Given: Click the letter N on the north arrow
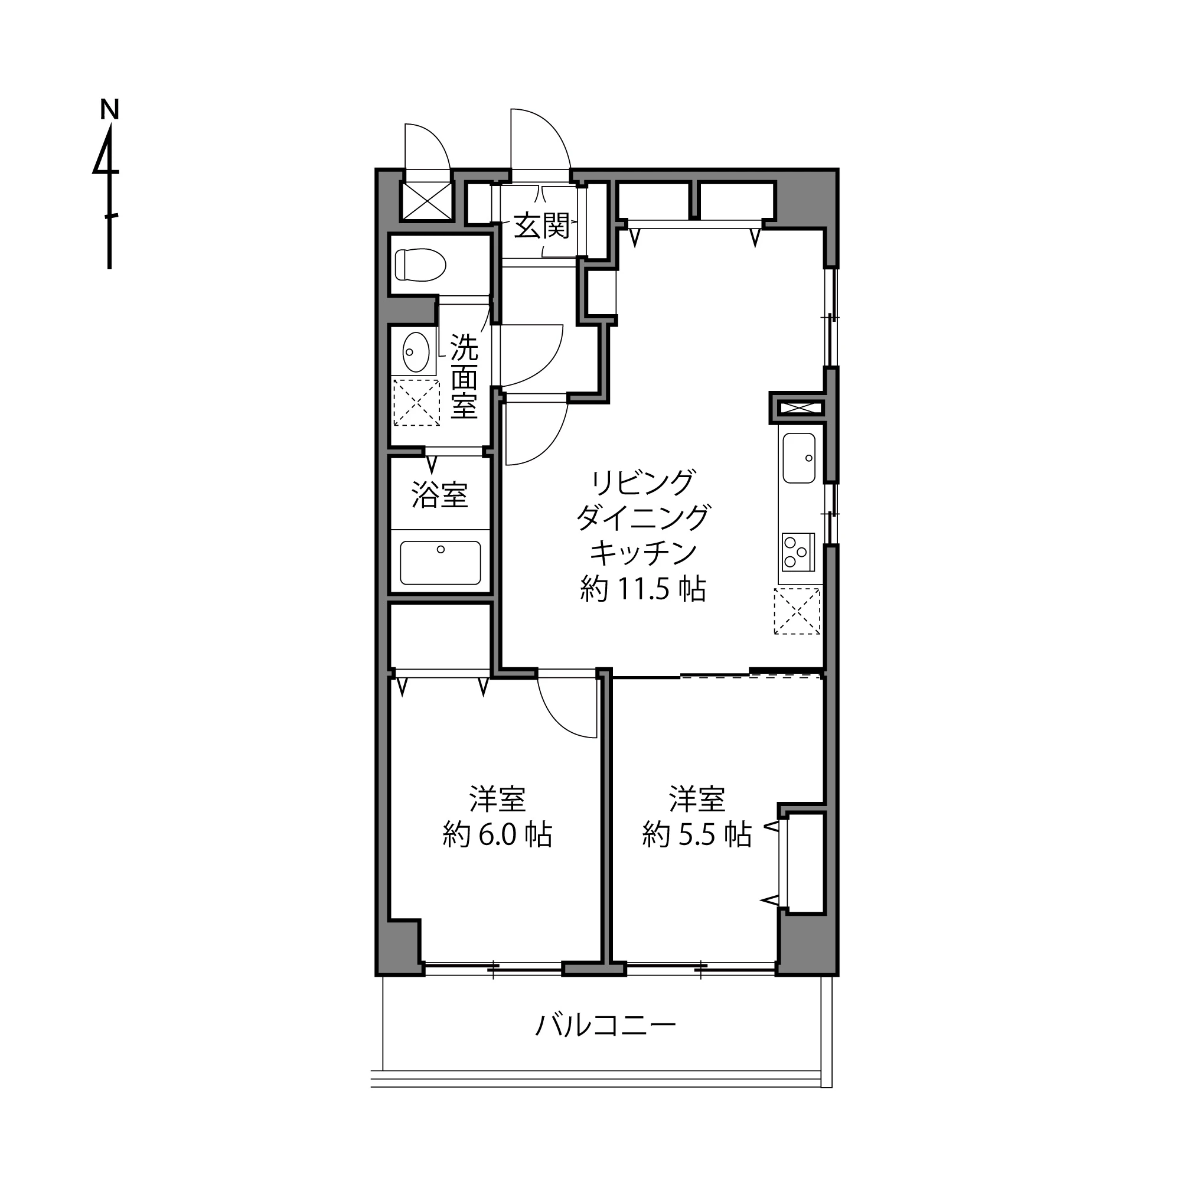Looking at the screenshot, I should click(109, 109).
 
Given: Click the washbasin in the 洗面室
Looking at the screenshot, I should click(416, 351).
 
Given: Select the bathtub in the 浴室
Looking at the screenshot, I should click(440, 562).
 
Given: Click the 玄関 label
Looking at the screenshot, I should click(541, 227).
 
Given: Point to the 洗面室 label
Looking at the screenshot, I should click(464, 377).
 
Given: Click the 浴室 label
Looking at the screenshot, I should click(440, 495).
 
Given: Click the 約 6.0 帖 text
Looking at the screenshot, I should click(498, 835).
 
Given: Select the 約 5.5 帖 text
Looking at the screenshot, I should click(697, 835).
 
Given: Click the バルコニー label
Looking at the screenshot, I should click(606, 1026).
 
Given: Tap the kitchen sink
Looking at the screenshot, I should click(799, 458).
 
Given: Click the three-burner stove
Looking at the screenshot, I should click(798, 552).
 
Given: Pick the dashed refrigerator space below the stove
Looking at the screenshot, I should click(797, 611).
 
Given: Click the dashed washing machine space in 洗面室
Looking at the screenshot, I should click(416, 402).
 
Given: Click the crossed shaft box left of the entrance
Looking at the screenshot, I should click(426, 201).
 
